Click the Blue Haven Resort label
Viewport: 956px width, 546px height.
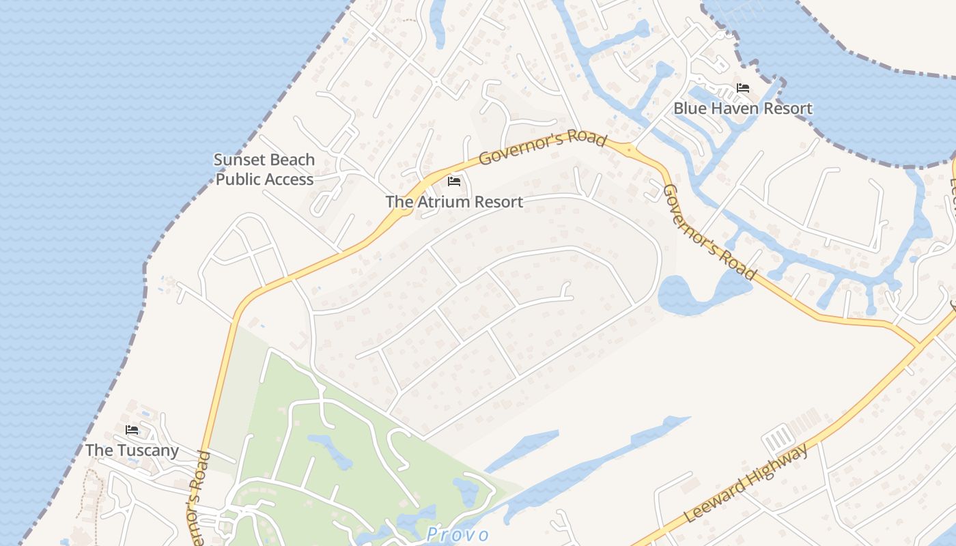coord(743,109)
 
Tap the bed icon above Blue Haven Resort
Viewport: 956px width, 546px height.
coord(743,88)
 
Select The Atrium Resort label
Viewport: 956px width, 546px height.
coord(454,202)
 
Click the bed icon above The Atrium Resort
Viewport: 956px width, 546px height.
coord(453,182)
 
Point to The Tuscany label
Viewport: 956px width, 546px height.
coord(132,450)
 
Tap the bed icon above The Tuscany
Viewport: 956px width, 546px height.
coord(132,430)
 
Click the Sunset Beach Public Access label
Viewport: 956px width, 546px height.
coord(264,169)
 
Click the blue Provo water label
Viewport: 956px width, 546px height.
coord(458,534)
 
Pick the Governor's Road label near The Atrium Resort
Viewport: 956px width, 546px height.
coord(542,148)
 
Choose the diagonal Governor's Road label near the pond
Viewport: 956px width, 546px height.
coord(710,232)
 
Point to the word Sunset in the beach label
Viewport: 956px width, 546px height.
coord(239,160)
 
